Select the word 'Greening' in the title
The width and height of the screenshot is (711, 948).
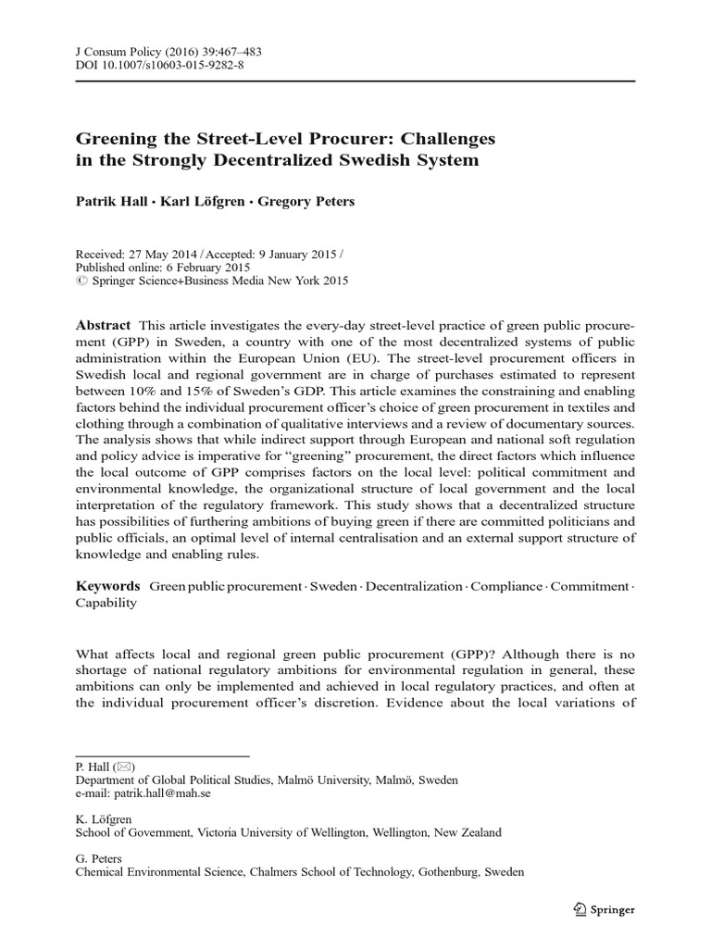click(113, 140)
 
